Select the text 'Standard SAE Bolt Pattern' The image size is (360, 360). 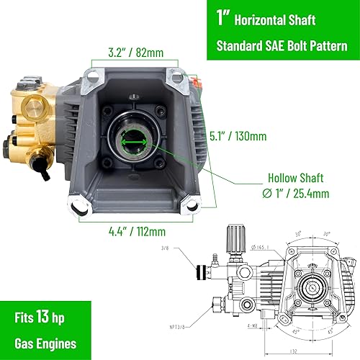coord(287,46)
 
